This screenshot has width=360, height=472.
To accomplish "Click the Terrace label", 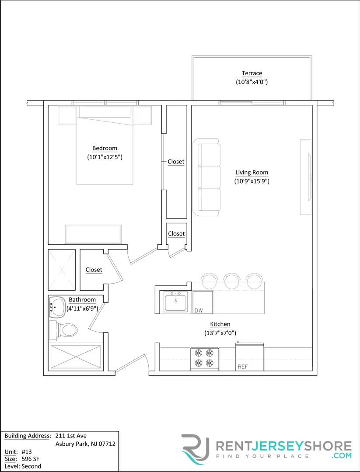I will tap(252, 73).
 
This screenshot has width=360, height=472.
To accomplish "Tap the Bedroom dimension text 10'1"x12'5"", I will tap(105, 157).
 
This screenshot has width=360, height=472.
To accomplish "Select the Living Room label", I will tap(252, 172).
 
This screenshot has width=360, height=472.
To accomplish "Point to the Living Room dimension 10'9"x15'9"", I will tap(252, 181).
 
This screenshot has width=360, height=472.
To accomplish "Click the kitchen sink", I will tap(175, 302).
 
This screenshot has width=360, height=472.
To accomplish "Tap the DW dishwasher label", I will tap(199, 310).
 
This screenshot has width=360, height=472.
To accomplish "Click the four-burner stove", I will tap(204, 358).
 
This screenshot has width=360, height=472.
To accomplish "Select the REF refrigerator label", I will tap(242, 367).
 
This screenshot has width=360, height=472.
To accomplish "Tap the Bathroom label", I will tap(82, 300).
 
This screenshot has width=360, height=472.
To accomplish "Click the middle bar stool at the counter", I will tap(231, 279).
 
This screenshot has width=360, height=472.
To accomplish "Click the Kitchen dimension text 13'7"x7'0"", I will tap(220, 333).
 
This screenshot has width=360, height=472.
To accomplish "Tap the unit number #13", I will tap(26, 451).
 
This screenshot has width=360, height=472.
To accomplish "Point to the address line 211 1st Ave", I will tap(71, 436).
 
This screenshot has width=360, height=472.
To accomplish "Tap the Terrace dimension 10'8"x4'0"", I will tap(252, 82).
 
